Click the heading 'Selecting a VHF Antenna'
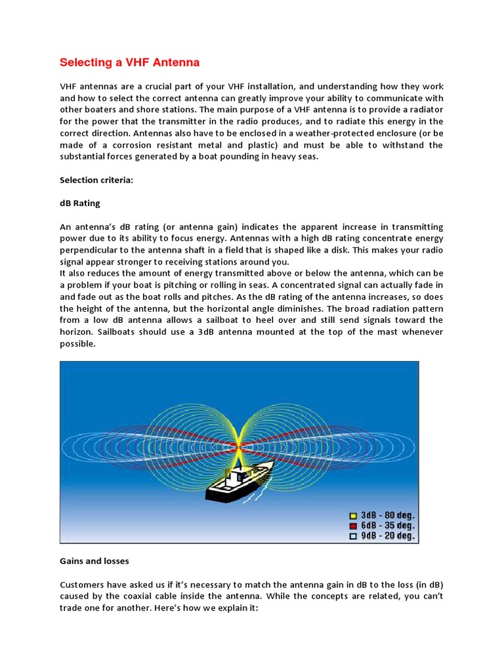pos(129,63)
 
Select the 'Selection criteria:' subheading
pos(96,180)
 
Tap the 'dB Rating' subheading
pos(80,203)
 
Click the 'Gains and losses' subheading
pos(94,561)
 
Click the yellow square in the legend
pos(352,515)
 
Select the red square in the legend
pos(352,526)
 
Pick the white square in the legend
pos(352,536)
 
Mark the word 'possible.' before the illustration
pos(78,344)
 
